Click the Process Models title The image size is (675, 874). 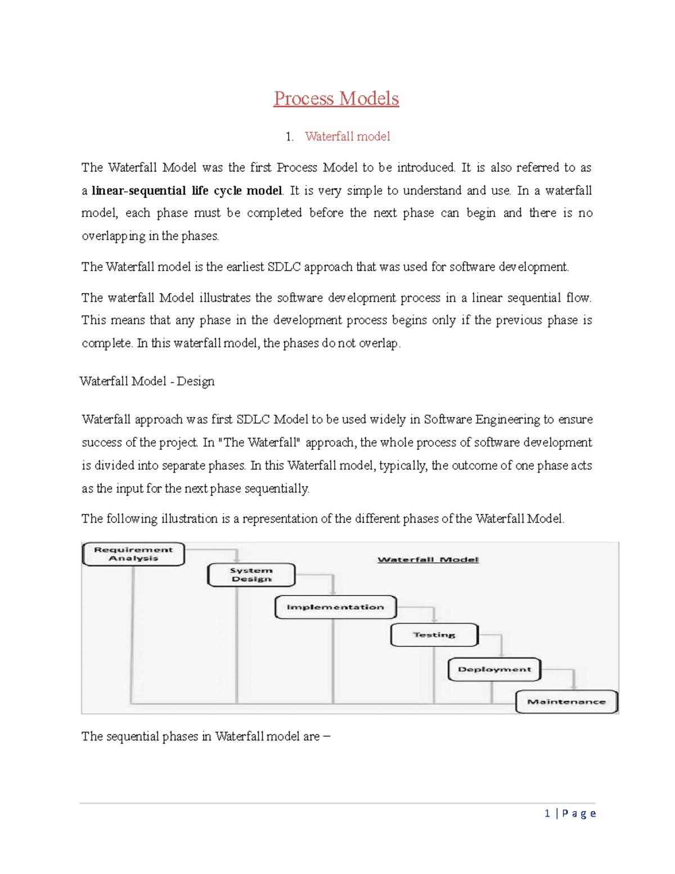coord(336,98)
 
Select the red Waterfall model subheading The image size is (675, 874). coord(347,136)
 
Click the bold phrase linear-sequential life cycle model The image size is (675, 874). coord(187,190)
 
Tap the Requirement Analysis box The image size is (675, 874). coord(133,554)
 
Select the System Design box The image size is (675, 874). coord(251,575)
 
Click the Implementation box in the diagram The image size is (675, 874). coord(335,607)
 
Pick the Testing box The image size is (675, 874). coord(434,635)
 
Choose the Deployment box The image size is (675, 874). coord(494,669)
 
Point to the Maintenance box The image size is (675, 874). coord(566,702)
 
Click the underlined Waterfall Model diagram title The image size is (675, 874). coord(428,559)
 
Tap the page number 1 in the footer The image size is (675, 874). coord(547,813)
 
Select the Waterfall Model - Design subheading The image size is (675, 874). coord(147,381)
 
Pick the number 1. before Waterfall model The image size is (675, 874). coord(289,137)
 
